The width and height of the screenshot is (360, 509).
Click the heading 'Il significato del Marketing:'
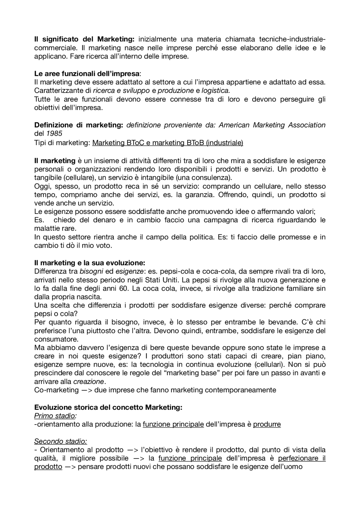pyautogui.click(x=84, y=39)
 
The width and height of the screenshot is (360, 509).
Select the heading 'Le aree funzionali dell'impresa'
pyautogui.click(x=87, y=74)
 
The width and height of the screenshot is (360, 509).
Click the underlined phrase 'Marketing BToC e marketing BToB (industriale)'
pyautogui.click(x=168, y=143)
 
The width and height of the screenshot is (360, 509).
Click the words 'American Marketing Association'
pyautogui.click(x=272, y=125)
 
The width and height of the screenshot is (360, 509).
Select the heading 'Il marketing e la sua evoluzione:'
pyautogui.click(x=89, y=263)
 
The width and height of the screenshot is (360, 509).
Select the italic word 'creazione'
pyautogui.click(x=89, y=381)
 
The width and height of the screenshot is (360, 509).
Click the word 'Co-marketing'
pyautogui.click(x=56, y=390)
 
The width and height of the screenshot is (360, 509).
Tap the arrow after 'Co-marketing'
pyautogui.click(x=86, y=390)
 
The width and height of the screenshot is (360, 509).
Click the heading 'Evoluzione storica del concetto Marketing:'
pyautogui.click(x=108, y=407)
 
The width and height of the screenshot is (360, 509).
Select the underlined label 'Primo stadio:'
pyautogui.click(x=55, y=416)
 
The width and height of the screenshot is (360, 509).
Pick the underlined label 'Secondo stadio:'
pyautogui.click(x=60, y=441)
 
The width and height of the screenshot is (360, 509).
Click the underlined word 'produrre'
pyautogui.click(x=267, y=424)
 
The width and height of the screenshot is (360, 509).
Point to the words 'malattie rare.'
pyautogui.click(x=55, y=228)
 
